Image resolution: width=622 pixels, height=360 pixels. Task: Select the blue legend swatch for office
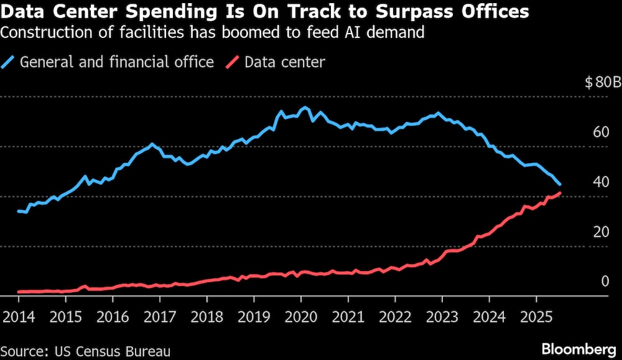(x=9, y=62)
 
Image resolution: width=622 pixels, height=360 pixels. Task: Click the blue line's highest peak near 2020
(x=304, y=108)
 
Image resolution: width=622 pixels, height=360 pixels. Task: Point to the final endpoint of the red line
(x=560, y=193)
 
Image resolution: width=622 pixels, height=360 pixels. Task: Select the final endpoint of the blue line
(x=560, y=185)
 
